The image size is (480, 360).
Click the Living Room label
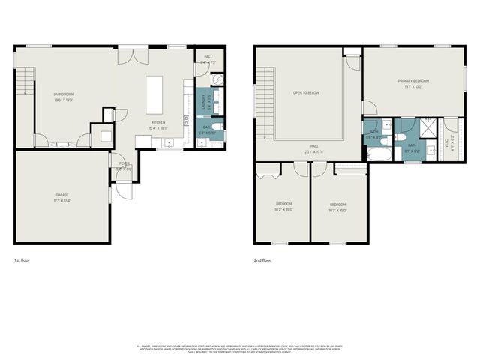coord(63,94)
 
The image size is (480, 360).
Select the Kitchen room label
coord(158,122)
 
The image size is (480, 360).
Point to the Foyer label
coord(123,163)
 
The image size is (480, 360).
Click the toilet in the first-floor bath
coord(217,127)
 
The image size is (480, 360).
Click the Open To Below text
coord(306,93)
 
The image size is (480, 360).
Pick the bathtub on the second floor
coord(376,155)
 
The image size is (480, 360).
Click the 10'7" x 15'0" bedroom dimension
coord(339,210)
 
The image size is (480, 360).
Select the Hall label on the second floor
coord(315,146)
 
